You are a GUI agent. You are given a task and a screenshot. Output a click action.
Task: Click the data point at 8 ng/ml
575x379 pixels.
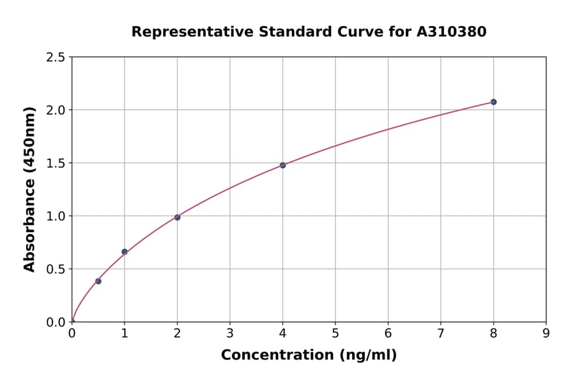(493, 102)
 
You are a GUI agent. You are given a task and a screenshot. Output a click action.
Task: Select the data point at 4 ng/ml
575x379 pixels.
(282, 165)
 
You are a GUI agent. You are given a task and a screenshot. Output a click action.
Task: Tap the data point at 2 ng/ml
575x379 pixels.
(177, 218)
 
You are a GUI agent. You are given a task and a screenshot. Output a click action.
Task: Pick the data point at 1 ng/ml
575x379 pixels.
(125, 251)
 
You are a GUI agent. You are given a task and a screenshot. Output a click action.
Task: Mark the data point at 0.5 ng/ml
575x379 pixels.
(98, 281)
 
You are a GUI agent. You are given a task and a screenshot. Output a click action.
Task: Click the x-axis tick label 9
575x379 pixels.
(546, 334)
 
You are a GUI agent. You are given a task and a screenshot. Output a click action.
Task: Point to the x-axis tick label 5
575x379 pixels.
(335, 334)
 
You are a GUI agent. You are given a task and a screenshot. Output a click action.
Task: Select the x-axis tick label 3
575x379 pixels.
(230, 334)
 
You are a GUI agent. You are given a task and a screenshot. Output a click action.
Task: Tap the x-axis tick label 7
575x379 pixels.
(440, 334)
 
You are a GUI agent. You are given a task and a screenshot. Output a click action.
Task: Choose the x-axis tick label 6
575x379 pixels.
(388, 334)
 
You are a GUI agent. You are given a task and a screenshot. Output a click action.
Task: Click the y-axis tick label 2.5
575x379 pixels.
(56, 57)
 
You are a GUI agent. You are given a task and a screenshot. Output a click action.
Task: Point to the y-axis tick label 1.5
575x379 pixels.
(56, 163)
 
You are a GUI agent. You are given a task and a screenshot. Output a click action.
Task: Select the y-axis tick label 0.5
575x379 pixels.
(56, 269)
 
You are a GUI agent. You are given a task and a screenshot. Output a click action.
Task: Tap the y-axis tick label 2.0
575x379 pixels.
(56, 110)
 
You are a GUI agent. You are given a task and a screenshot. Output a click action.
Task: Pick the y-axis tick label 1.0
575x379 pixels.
(56, 216)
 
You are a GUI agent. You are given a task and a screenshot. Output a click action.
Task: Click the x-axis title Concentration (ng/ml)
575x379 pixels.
(309, 355)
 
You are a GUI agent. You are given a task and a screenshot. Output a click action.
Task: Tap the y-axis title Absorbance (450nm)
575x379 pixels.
(29, 189)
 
